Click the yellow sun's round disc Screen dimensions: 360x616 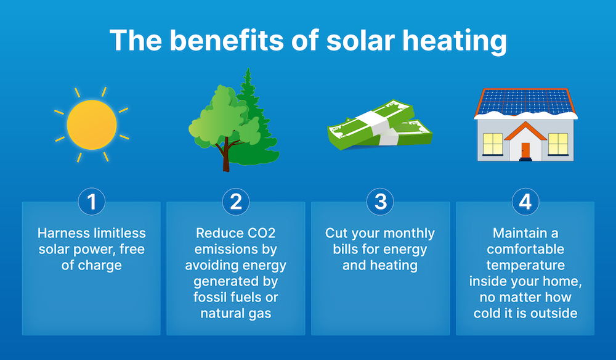tap(92, 126)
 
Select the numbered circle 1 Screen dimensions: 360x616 tap(92, 202)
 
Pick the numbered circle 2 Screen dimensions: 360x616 tap(236, 202)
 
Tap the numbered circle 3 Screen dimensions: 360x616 tap(380, 202)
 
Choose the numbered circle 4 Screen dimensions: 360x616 tap(525, 202)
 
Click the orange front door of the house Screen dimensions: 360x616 tap(525, 150)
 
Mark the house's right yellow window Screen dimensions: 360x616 tap(557, 144)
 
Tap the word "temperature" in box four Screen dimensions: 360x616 tap(525, 266)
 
